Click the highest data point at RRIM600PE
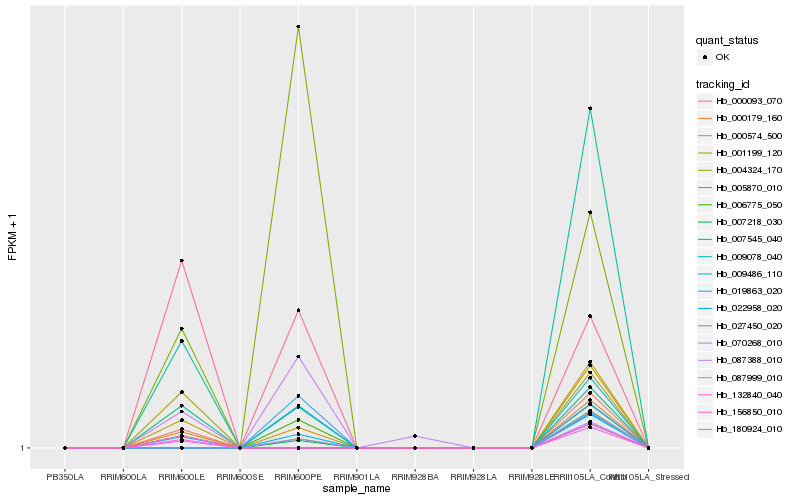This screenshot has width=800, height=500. point(298,27)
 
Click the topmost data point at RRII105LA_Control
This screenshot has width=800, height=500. point(590,108)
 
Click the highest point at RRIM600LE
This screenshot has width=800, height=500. point(181,261)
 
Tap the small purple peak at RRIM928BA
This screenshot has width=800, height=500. point(415,436)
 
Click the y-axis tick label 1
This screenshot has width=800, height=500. point(24,448)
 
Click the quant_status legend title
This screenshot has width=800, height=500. point(727,40)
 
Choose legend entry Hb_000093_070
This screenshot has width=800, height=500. point(748,101)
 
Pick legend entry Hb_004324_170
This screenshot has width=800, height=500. point(748,170)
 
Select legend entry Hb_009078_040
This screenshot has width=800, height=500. point(748,256)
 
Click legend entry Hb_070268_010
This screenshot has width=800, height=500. point(748,342)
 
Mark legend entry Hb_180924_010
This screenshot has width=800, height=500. point(748,428)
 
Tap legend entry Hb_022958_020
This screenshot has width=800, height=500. point(748,308)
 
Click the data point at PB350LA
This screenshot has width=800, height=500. point(65,448)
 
